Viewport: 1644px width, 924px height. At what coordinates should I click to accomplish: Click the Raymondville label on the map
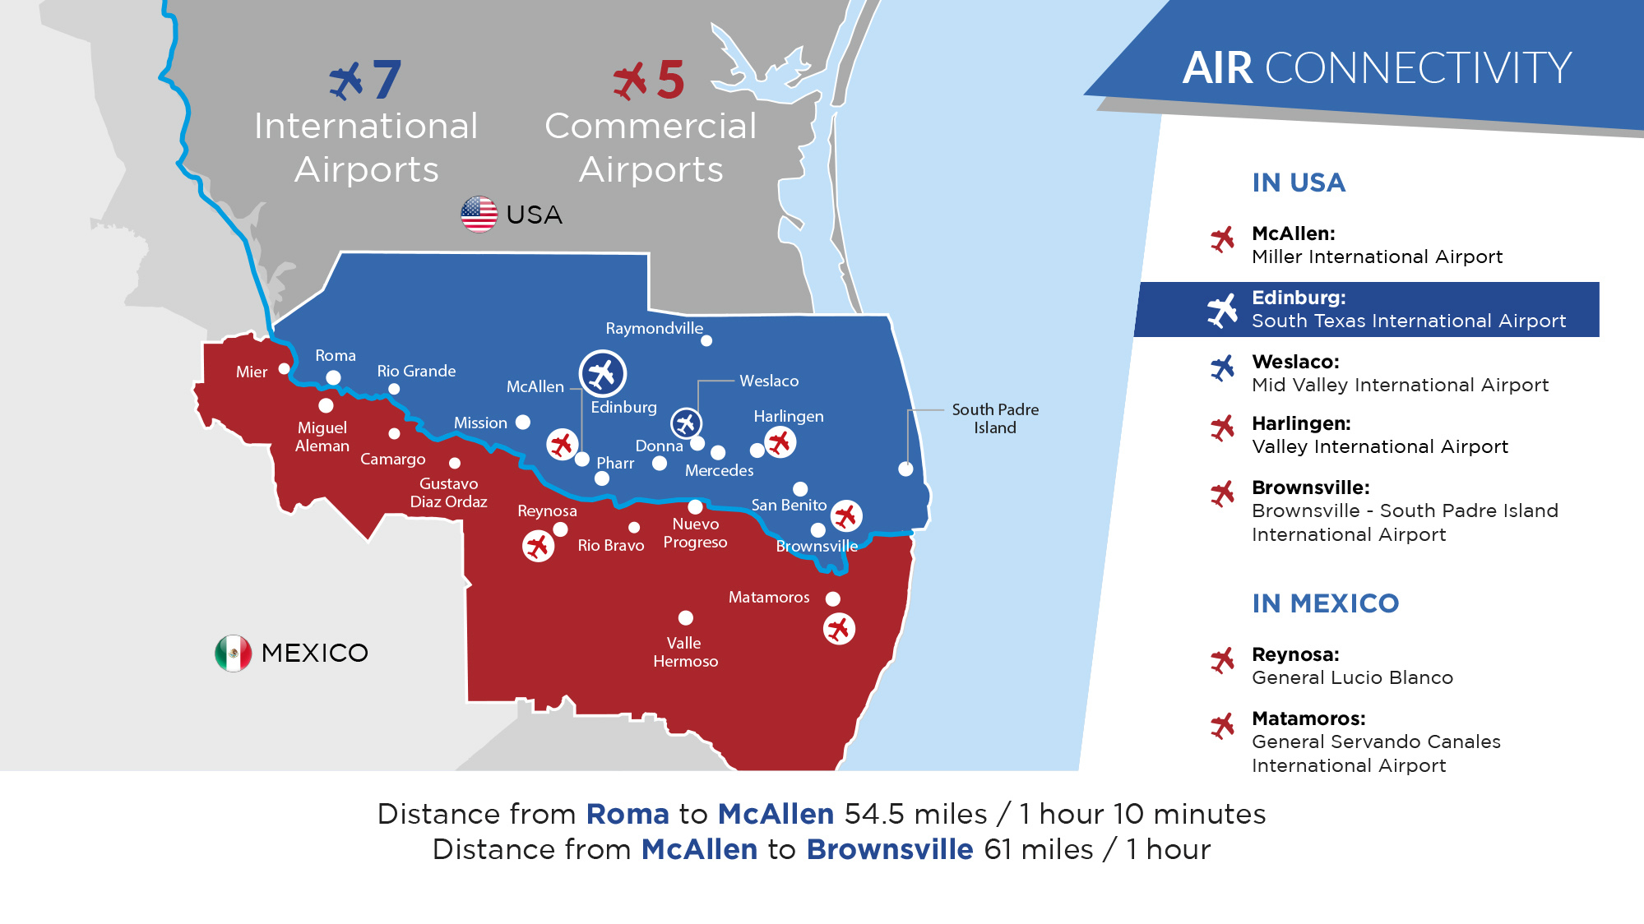click(655, 329)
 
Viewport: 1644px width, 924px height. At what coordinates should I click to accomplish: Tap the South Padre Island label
click(995, 418)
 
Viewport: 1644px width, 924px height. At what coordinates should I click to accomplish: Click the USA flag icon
click(479, 215)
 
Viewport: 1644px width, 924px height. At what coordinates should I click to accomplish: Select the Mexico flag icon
click(234, 654)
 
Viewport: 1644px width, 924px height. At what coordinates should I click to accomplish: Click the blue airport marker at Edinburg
click(603, 374)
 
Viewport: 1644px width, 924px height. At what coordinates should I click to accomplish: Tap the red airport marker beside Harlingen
click(780, 442)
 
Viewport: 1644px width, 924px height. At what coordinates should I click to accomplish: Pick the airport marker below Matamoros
click(839, 629)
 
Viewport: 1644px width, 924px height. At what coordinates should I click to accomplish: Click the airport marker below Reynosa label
click(538, 546)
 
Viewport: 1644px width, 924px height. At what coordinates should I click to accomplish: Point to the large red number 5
click(671, 80)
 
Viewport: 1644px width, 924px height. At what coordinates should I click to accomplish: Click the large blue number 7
click(387, 80)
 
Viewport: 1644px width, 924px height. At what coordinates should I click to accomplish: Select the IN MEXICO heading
click(1325, 603)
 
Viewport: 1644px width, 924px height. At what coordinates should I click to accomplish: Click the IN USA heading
click(1299, 182)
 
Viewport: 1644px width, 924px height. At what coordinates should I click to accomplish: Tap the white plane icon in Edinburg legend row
click(1222, 310)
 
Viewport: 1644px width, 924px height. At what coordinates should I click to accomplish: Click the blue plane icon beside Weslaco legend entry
click(1222, 368)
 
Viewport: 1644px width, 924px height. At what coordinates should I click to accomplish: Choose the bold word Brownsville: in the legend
click(1311, 487)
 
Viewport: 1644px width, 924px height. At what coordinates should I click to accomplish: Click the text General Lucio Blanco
click(1352, 677)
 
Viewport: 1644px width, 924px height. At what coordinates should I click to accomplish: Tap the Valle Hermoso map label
click(685, 652)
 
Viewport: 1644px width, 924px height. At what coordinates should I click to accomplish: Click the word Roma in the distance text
click(627, 814)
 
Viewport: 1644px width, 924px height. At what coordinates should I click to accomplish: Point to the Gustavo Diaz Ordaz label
click(449, 492)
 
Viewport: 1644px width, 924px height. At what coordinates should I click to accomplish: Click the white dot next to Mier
click(285, 369)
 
